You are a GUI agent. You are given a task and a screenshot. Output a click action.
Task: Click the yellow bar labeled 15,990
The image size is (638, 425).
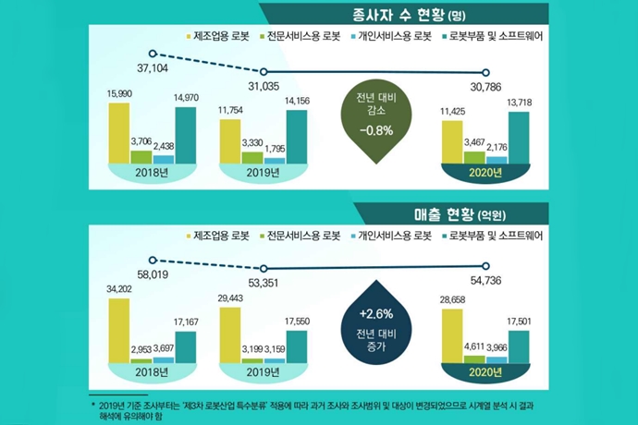click(x=119, y=132)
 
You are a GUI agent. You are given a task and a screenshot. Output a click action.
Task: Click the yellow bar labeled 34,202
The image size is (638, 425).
click(x=119, y=331)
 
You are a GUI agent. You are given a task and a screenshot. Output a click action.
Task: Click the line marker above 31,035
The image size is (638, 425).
click(x=266, y=72)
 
